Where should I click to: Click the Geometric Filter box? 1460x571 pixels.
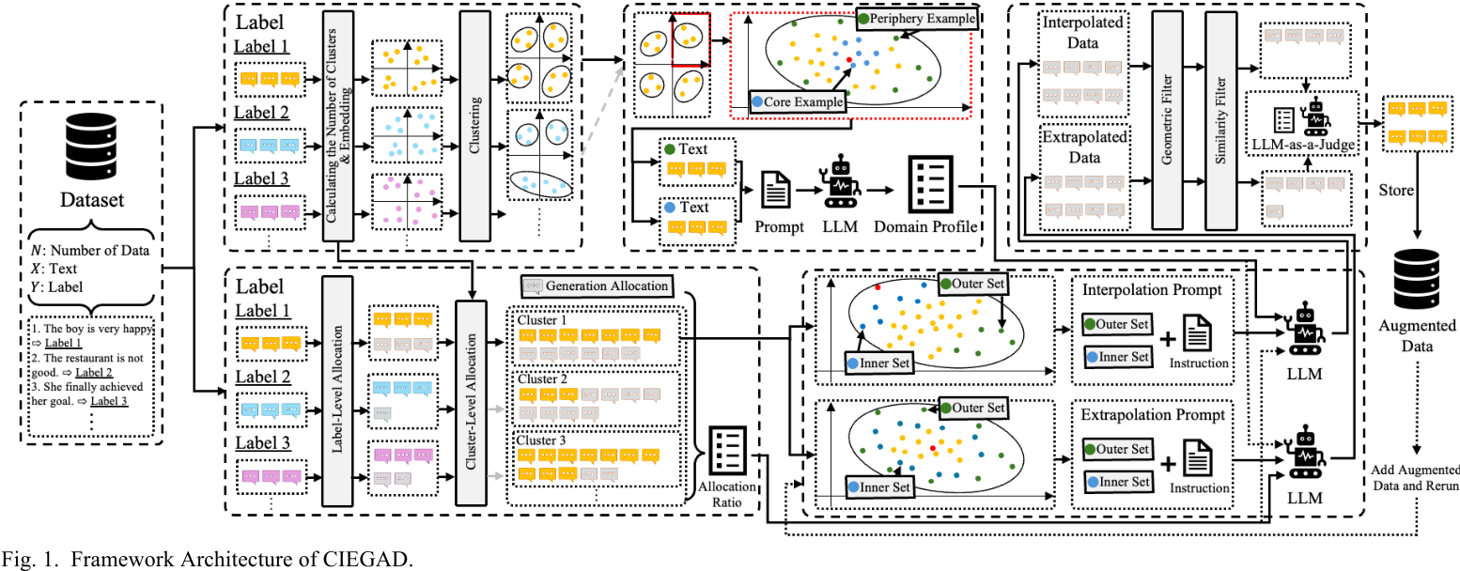(1166, 122)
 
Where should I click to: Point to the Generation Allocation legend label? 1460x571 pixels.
(598, 285)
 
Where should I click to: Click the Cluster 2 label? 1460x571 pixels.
(542, 379)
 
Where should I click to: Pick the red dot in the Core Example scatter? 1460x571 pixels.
(850, 58)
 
